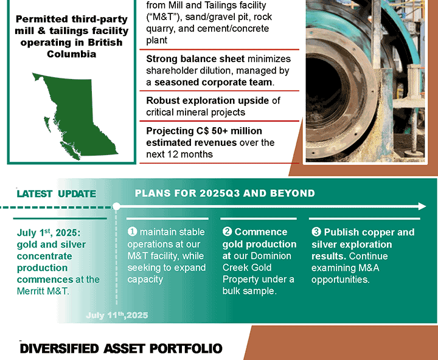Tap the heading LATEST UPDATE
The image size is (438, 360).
(x=57, y=193)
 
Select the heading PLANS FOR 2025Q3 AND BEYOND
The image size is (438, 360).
(x=225, y=193)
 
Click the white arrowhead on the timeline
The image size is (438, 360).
(x=422, y=207)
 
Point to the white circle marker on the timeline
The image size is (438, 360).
(x=116, y=207)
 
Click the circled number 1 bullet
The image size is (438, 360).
(x=132, y=232)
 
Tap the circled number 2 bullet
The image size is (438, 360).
(x=227, y=232)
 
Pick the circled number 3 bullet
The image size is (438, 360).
(x=316, y=232)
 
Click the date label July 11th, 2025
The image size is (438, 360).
(x=117, y=316)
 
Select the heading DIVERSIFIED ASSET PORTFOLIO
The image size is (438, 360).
(x=121, y=348)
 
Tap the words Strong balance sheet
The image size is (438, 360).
(x=195, y=59)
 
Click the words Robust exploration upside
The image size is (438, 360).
(x=207, y=100)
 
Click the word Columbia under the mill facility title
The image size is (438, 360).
(x=72, y=54)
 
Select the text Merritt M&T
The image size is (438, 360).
(x=43, y=291)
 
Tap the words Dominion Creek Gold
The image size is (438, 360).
(x=257, y=261)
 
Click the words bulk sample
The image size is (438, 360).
(x=249, y=291)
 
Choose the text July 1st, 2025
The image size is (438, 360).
(x=49, y=232)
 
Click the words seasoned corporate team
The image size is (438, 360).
(x=213, y=82)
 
